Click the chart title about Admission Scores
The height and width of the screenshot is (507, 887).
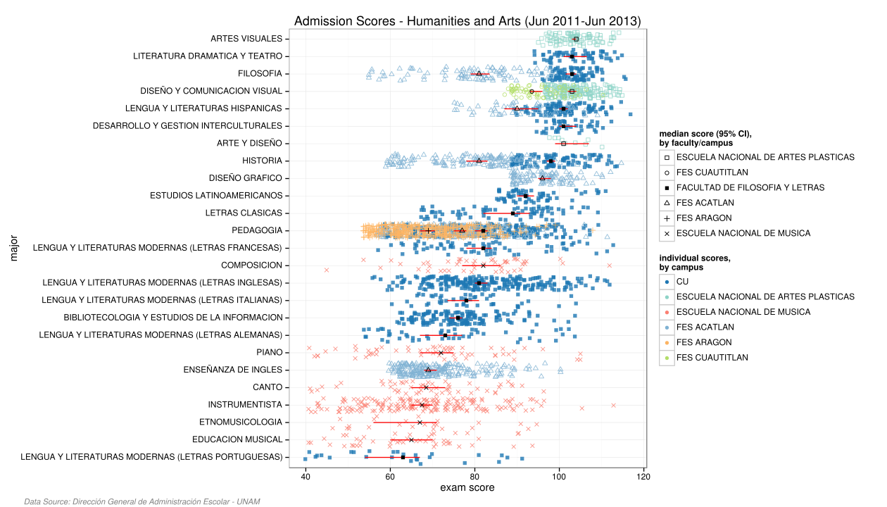coord(467,21)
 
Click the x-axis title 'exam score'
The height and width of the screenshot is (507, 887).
coord(467,488)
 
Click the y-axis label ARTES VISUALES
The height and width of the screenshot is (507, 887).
coord(246,39)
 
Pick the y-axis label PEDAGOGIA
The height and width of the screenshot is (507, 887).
coord(256,230)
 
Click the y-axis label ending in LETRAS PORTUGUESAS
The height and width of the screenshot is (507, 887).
coord(151,457)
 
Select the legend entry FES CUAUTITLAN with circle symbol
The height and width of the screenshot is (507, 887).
coord(712,173)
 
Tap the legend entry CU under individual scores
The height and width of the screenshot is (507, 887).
coord(682,282)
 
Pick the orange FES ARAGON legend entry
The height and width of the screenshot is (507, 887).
coord(704,342)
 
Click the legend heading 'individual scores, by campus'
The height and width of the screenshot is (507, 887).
coord(694,263)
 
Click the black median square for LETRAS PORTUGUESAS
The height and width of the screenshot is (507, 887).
coord(403,457)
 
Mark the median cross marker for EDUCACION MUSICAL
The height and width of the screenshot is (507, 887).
coord(412,439)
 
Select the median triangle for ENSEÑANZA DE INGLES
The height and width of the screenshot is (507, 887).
coord(428,370)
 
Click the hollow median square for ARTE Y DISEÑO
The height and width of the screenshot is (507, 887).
coord(563,144)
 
